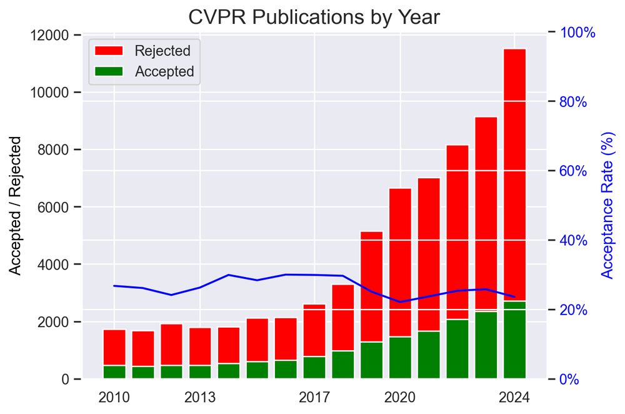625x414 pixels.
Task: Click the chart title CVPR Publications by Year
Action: pos(314,17)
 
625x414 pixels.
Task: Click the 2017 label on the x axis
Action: pos(314,397)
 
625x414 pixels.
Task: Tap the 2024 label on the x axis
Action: pos(515,397)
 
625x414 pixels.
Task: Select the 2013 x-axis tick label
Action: pos(200,397)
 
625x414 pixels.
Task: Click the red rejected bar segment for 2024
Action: pos(515,175)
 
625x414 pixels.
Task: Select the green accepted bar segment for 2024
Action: pos(515,340)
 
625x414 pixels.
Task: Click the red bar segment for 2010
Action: pos(114,347)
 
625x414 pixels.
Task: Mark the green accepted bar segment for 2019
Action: pos(372,360)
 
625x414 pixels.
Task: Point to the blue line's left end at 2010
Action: pos(114,286)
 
